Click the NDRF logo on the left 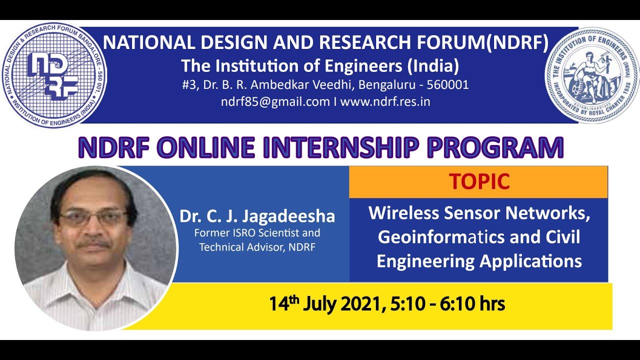53,75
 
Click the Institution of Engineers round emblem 592,75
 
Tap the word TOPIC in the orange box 478,182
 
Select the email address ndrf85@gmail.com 275,101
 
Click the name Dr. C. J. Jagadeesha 257,216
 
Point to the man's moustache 94,244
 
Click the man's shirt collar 95,280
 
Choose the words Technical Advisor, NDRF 257,247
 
